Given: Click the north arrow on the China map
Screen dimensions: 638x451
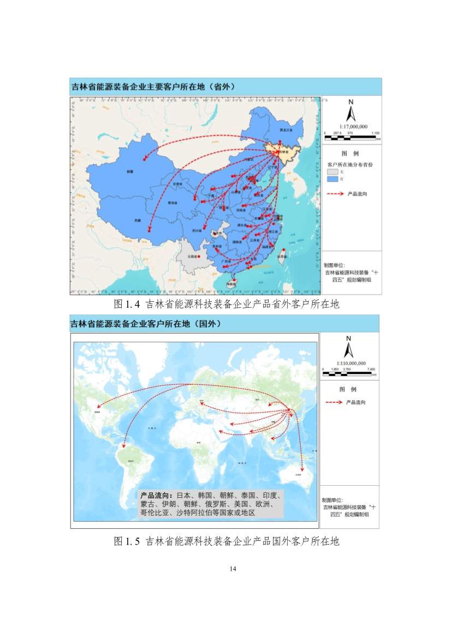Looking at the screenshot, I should click(x=352, y=112).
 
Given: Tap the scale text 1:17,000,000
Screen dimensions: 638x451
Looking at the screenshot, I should click(x=353, y=126).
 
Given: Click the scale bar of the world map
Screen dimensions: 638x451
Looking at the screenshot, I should click(x=349, y=373).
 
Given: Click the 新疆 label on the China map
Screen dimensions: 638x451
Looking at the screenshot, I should click(x=129, y=171).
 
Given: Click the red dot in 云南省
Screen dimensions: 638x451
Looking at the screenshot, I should click(x=200, y=256).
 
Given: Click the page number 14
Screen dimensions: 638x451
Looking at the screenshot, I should click(x=233, y=569).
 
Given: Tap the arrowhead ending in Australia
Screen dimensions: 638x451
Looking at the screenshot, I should click(x=302, y=471).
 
